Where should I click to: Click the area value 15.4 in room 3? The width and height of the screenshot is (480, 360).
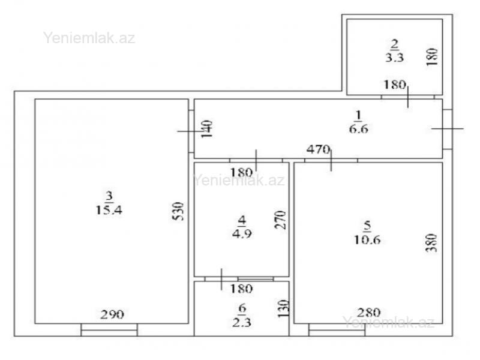[x=109, y=210]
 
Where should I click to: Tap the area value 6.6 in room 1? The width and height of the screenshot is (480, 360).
[x=358, y=129]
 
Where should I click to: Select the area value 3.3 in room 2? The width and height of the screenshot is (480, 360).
[x=394, y=57]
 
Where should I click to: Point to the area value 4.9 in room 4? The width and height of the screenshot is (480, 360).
[x=242, y=234]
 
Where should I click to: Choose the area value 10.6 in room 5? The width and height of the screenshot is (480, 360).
[x=367, y=239]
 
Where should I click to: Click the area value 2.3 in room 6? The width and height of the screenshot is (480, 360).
[x=242, y=322]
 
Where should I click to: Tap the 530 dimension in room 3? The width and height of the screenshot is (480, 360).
[x=178, y=211]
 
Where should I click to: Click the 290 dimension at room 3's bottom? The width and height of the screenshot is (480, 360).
[x=112, y=314]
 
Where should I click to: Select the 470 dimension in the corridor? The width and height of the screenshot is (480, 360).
[x=319, y=149]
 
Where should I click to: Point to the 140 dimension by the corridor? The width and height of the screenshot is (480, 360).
[x=207, y=129]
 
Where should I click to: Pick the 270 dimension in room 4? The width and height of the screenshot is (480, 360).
[x=280, y=220]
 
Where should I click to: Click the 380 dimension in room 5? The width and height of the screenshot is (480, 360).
[x=431, y=243]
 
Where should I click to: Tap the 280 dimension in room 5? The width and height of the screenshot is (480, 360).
[x=369, y=313]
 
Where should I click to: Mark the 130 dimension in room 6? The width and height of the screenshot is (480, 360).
[x=284, y=308]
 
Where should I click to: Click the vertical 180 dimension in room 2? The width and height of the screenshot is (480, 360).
[x=432, y=57]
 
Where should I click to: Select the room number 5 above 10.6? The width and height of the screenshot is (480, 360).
[x=367, y=226]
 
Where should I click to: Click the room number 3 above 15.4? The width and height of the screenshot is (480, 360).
[x=109, y=196]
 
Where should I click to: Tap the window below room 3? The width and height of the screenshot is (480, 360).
[x=109, y=330]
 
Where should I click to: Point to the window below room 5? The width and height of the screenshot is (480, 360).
[x=337, y=330]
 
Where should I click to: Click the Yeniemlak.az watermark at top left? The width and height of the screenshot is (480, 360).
[x=89, y=38]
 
